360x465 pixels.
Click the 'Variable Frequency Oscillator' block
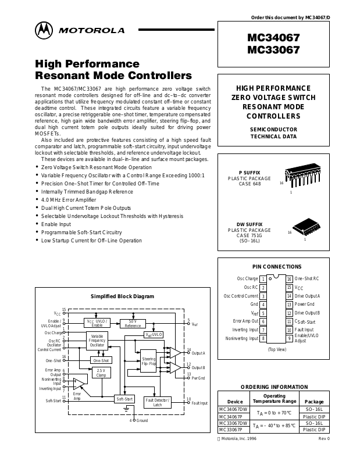click(97, 341)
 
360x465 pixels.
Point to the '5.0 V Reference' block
click(133, 323)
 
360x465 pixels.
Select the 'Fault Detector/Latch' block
click(157, 402)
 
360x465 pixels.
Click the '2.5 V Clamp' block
click(101, 373)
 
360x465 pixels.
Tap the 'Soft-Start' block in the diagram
click(124, 399)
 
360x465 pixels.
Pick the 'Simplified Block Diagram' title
click(122, 296)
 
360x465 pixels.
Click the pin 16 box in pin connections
click(288, 279)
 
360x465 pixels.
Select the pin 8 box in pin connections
click(263, 338)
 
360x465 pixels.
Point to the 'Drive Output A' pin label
click(308, 296)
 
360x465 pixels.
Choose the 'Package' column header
click(314, 401)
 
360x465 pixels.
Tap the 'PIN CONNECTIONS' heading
click(277, 266)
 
